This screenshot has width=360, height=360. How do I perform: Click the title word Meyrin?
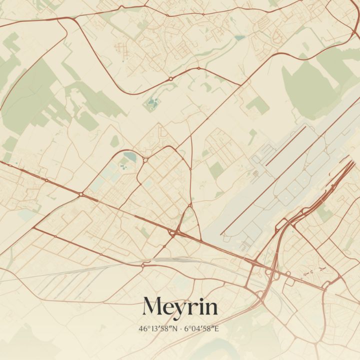tap(180, 306)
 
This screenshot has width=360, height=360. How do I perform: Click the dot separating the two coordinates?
tap(180, 329)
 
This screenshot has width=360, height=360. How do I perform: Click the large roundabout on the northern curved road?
tap(170, 78)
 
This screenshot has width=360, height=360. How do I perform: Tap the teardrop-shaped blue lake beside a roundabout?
tap(129, 157)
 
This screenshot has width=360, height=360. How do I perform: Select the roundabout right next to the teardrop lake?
tap(144, 159)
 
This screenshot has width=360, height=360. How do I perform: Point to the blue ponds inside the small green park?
tap(152, 103)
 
